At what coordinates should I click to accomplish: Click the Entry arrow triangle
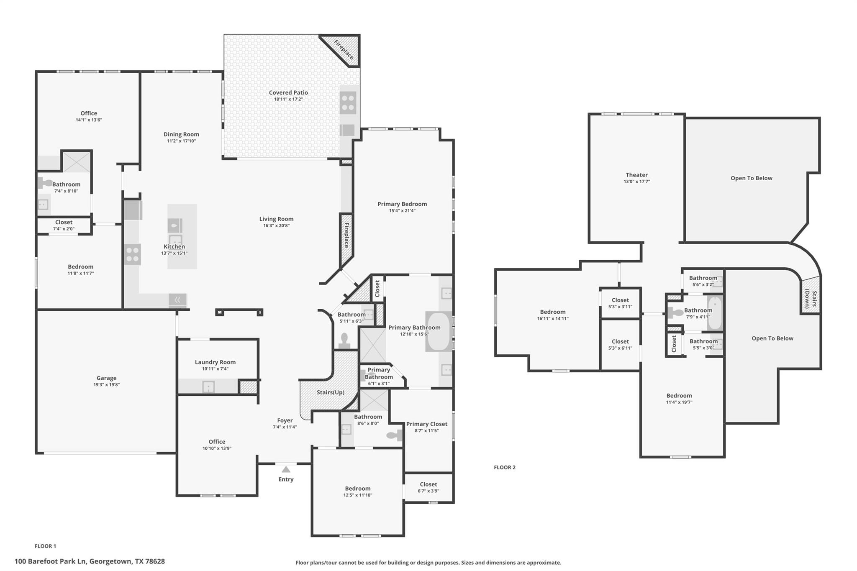coord(286,469)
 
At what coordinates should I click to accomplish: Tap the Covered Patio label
coord(288,92)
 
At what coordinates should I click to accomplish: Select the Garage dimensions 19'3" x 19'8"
coord(106,384)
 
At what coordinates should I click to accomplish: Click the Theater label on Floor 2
coord(636,175)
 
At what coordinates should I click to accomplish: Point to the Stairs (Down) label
coord(811,299)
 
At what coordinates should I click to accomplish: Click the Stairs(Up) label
coord(330,392)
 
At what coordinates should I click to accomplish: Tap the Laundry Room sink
coord(208,387)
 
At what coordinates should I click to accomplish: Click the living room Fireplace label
coord(346,235)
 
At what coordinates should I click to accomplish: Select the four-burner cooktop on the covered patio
coord(348,103)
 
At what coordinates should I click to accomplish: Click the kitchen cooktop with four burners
coord(133,254)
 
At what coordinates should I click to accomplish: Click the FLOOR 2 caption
coord(504,467)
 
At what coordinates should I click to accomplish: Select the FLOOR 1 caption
coord(45,546)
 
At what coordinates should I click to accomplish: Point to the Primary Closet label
coord(426,424)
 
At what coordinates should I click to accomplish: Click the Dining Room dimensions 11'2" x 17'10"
coord(181,141)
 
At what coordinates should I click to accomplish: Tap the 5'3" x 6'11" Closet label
coord(620,341)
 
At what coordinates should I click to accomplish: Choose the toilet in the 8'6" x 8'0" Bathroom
coord(394,435)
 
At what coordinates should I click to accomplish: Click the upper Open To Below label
coord(751,178)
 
